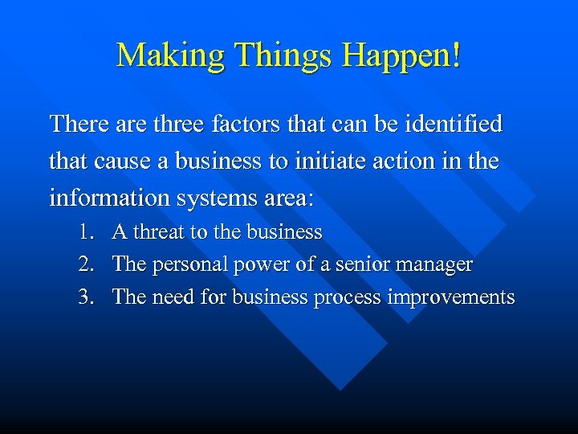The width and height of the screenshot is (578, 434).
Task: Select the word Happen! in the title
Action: point(401,55)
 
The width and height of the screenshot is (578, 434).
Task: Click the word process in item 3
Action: point(348,297)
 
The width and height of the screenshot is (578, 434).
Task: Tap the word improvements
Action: point(450,297)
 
